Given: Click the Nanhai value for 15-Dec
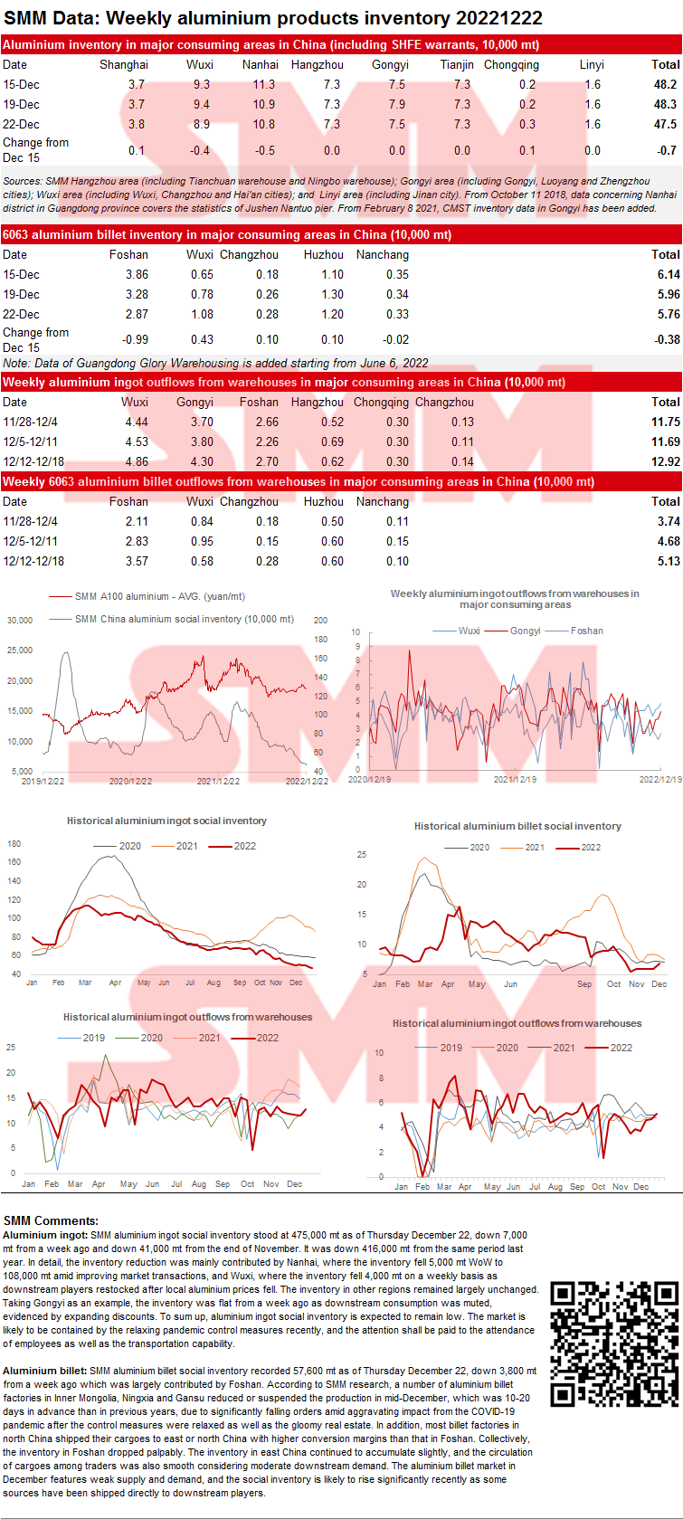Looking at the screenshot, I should pos(263,84).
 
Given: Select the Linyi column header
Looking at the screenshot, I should pos(592,64).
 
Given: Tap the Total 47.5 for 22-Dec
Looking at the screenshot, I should pos(665,124).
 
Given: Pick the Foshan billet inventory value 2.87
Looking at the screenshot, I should pos(137,314).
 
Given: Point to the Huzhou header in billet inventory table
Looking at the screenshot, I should pos(323,254).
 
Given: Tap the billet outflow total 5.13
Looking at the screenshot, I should pos(669,561).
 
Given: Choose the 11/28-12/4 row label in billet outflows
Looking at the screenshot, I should pos(30,521).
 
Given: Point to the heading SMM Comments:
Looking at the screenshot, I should pos(51,1220).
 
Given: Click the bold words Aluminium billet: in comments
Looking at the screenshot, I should pos(45,1371).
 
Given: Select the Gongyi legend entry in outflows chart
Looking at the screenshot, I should pos(525,631).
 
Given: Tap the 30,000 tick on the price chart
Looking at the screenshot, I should pos(20,621).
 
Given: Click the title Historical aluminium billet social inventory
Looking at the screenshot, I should pos(517,826).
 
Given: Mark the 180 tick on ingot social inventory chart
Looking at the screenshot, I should pos(14,844).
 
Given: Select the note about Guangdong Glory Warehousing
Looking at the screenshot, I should pos(216,363).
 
